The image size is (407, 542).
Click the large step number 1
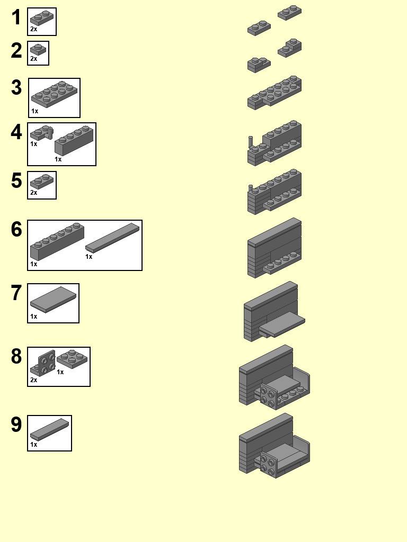(x=16, y=17)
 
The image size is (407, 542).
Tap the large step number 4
(x=16, y=132)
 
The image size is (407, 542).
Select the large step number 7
(x=16, y=293)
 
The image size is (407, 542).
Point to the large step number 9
(x=16, y=425)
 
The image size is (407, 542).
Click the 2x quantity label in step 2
(x=33, y=59)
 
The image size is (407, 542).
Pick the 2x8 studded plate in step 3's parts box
(x=55, y=94)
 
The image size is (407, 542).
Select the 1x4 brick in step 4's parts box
(x=74, y=140)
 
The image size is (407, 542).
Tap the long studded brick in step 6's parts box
(x=57, y=241)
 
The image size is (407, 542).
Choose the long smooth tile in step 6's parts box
(x=112, y=237)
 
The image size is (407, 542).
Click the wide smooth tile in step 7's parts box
(x=53, y=299)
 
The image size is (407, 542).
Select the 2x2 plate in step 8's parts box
(x=73, y=358)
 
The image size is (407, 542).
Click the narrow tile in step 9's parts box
(x=49, y=429)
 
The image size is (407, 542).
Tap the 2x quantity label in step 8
(x=33, y=380)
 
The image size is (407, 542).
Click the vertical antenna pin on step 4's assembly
(x=251, y=142)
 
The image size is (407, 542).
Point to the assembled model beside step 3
(x=275, y=93)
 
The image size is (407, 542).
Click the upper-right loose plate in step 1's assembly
(x=289, y=13)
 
